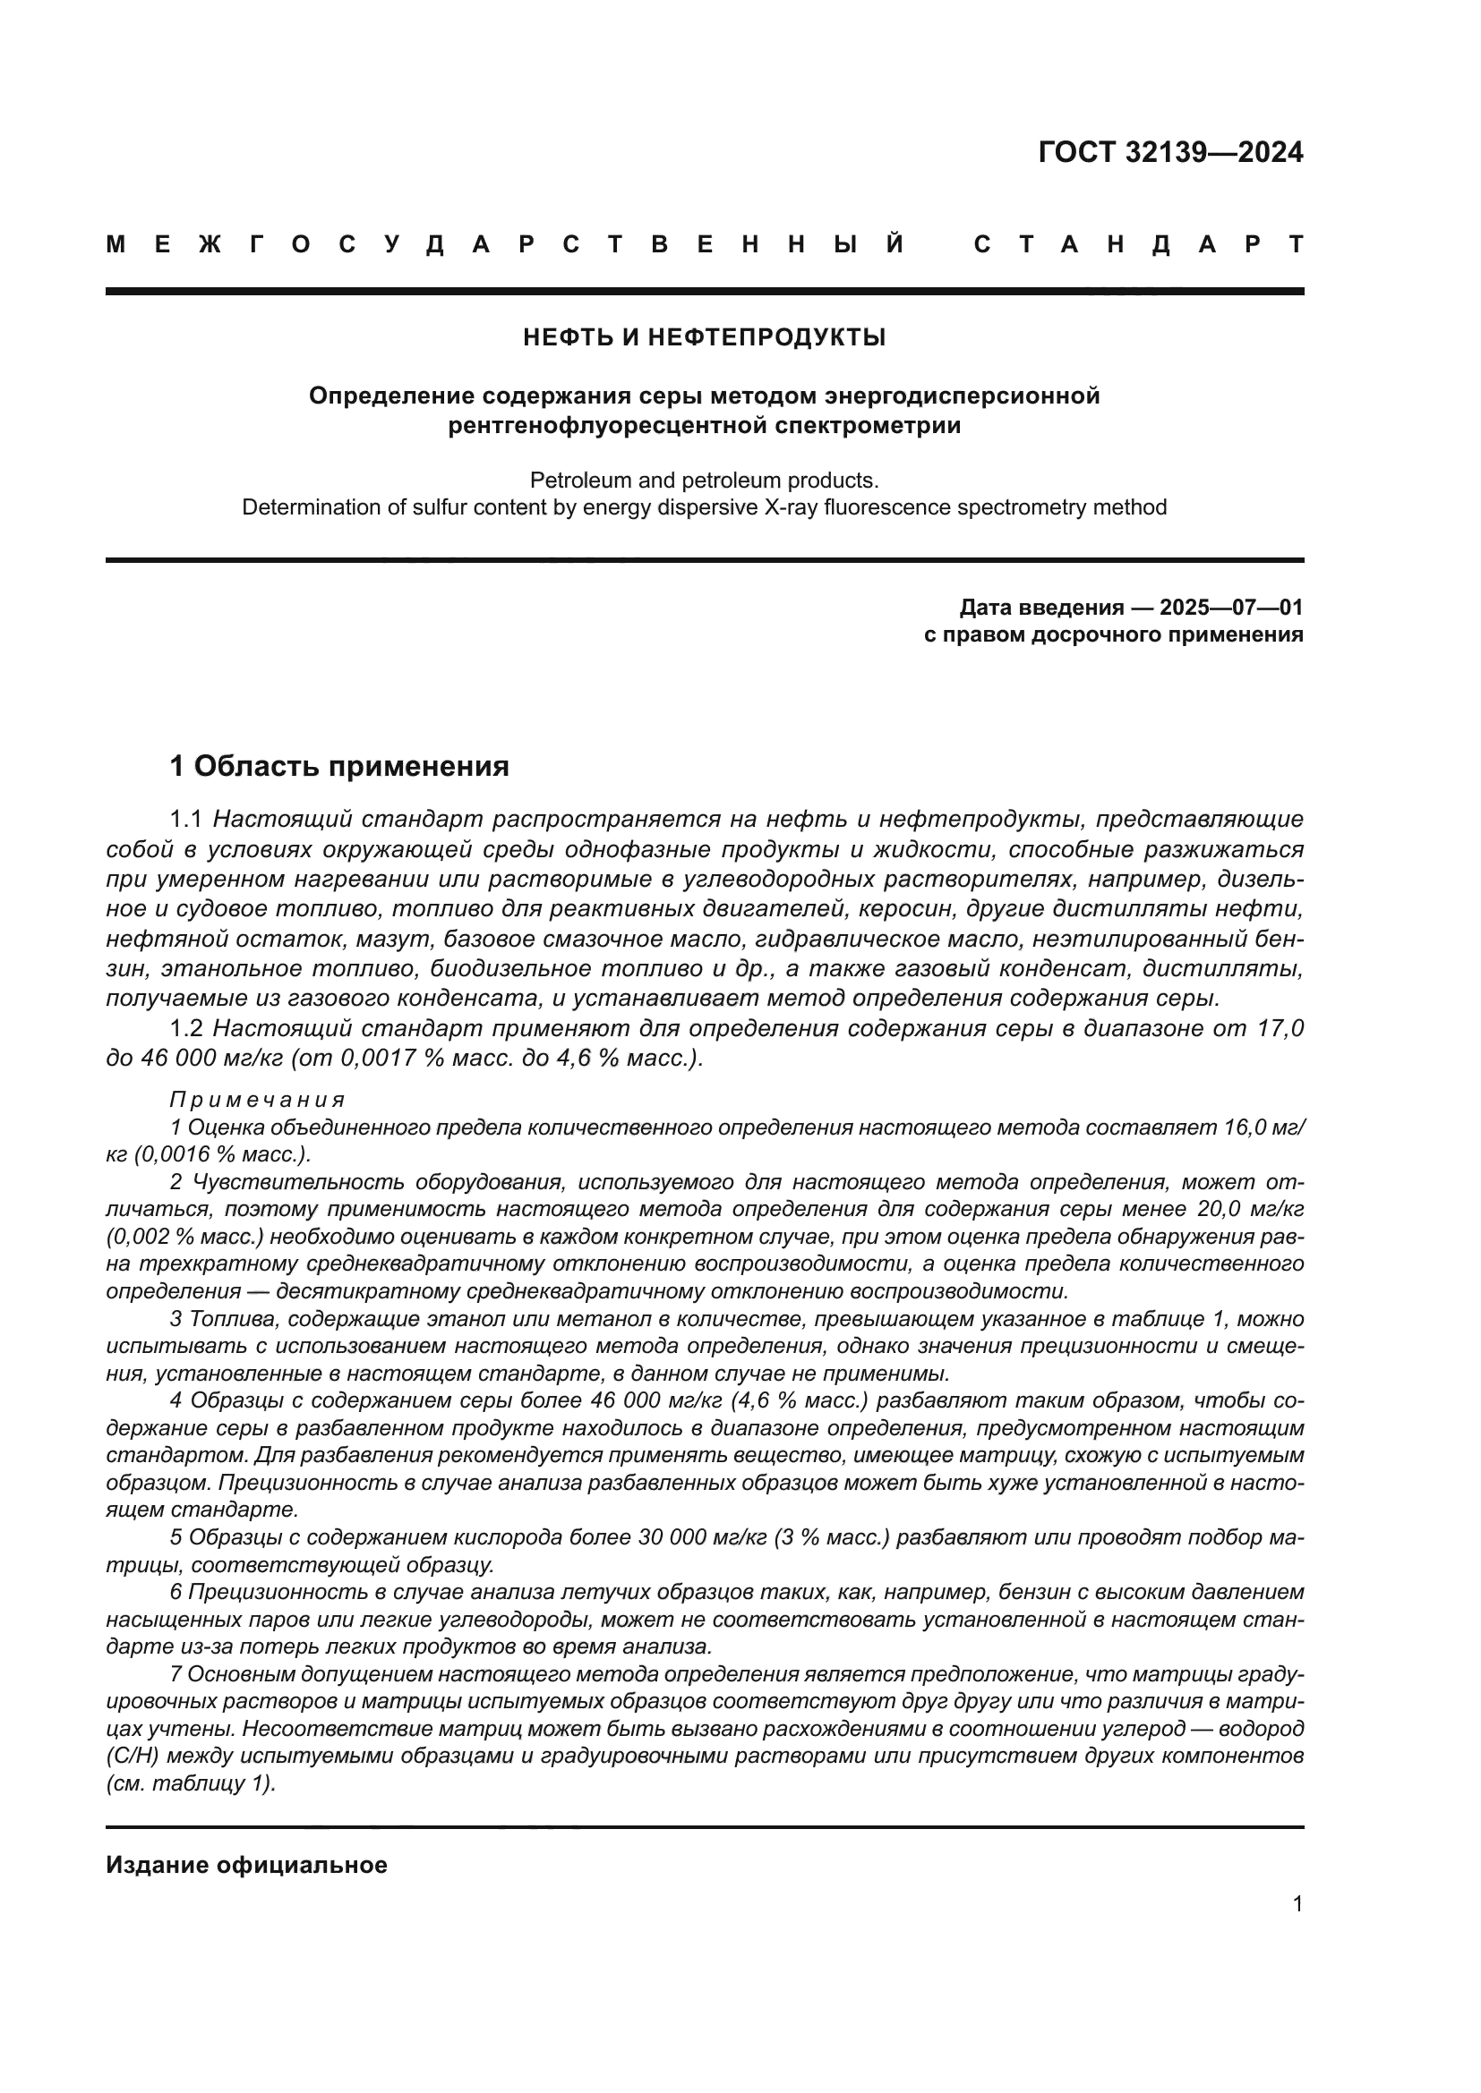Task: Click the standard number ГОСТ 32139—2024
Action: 1170,152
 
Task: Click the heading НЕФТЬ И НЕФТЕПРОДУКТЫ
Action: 704,337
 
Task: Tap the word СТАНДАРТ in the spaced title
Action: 1138,244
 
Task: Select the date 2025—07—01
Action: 1231,607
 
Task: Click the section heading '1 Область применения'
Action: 339,766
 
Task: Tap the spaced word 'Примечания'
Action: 257,1100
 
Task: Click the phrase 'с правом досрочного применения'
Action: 1113,634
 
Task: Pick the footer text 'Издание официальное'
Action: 246,1865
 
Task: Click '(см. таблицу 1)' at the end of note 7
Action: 191,1783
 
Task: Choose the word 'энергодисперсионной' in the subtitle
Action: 962,396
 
